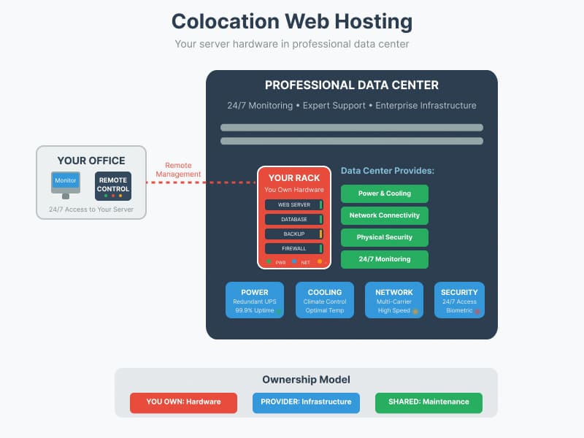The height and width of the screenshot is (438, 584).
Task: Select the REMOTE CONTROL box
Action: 113,185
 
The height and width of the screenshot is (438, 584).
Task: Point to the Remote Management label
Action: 178,169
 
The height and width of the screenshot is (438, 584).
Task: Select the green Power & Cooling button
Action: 384,193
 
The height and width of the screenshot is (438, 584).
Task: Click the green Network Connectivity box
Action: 384,215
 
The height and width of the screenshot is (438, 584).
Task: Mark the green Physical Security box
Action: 384,237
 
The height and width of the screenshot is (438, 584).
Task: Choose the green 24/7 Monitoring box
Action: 384,259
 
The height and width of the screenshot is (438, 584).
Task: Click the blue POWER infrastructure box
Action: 255,300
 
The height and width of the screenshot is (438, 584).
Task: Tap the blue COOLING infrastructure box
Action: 325,300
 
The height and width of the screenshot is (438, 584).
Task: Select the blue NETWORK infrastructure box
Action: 394,300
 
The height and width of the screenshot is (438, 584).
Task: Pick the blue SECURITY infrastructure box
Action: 459,300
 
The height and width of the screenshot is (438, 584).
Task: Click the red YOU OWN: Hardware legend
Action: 183,402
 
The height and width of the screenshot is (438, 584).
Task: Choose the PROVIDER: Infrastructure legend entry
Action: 306,402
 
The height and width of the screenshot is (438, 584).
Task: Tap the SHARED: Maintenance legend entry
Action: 429,402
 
